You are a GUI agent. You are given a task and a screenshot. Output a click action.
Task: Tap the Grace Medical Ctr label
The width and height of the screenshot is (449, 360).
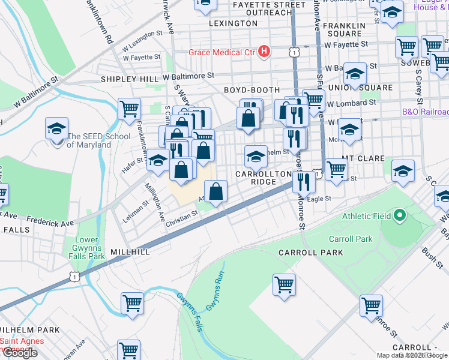pyautogui.click(x=222, y=52)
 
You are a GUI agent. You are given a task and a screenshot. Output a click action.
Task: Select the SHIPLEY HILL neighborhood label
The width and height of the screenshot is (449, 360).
pyautogui.click(x=130, y=79)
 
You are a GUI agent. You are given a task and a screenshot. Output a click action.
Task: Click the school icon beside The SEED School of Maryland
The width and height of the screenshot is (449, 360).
pyautogui.click(x=56, y=128)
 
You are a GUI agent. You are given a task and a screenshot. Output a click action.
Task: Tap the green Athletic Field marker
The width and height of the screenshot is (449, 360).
pyautogui.click(x=398, y=215)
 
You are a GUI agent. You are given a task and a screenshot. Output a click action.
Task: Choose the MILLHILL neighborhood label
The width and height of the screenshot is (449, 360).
pyautogui.click(x=130, y=252)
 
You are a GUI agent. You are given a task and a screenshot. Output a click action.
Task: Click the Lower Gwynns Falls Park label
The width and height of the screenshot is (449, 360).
pyautogui.click(x=89, y=248)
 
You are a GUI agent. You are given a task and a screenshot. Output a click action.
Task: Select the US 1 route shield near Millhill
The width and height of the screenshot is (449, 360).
pyautogui.click(x=73, y=276)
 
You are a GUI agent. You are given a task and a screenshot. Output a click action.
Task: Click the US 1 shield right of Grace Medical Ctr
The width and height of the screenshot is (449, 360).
pyautogui.click(x=294, y=53)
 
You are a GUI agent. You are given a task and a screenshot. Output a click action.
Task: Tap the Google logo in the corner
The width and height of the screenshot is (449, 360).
pyautogui.click(x=19, y=352)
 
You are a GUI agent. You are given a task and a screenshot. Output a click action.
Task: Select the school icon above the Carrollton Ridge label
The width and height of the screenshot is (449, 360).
pyautogui.click(x=256, y=157)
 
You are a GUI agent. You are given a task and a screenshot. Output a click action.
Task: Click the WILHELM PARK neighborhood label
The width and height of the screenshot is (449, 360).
pyautogui.click(x=30, y=329)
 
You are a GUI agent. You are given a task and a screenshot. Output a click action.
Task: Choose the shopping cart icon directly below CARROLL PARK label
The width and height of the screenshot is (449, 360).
pyautogui.click(x=284, y=284)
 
